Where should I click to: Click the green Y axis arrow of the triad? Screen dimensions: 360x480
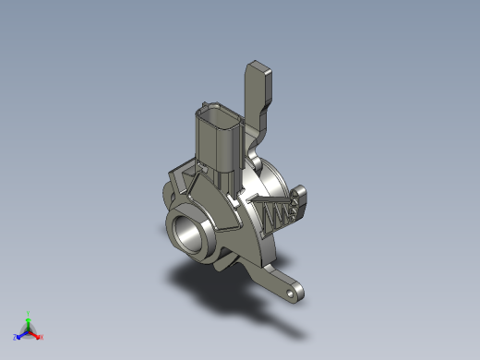click(x=28, y=320)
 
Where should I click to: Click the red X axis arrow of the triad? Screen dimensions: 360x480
click(x=36, y=334)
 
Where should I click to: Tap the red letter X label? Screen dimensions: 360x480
click(x=42, y=337)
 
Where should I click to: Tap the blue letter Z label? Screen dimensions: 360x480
click(x=15, y=338)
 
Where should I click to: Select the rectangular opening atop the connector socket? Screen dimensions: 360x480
click(x=216, y=115)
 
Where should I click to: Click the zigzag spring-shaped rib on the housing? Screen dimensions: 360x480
click(x=277, y=215)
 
